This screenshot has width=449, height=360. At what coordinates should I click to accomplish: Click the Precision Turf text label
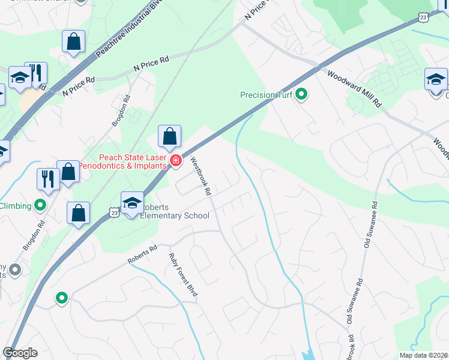tap(268, 95)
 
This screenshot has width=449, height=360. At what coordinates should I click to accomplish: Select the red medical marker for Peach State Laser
tap(175, 160)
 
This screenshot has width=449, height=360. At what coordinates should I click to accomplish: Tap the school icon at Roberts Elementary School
tap(132, 203)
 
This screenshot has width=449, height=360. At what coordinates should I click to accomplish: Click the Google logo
tap(20, 353)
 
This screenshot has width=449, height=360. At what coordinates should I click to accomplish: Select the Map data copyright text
tap(424, 355)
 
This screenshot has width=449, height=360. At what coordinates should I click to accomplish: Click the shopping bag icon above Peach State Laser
tap(170, 137)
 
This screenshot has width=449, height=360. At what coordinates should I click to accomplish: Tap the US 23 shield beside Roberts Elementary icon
tap(114, 211)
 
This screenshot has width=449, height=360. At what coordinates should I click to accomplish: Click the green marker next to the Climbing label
tap(40, 206)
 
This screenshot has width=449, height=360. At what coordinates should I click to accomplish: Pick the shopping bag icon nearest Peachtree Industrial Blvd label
tap(74, 42)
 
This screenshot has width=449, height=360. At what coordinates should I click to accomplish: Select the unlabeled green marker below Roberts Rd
tap(61, 298)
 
